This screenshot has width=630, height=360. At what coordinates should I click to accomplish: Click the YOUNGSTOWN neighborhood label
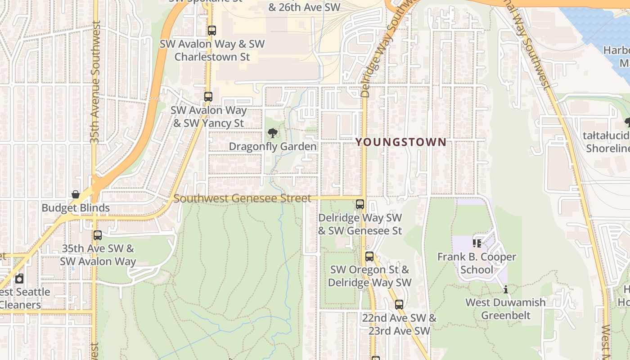401,143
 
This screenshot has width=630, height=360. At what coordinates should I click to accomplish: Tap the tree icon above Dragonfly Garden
272,133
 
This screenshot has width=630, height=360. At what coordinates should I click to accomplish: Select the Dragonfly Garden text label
273,147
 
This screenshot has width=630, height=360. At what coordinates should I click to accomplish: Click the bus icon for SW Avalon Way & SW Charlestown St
211,31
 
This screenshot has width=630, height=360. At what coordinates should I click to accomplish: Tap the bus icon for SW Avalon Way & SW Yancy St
208,96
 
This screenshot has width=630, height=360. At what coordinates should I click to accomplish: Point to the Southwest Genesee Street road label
242,198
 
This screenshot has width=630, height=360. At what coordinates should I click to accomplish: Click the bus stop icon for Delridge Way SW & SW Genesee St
360,204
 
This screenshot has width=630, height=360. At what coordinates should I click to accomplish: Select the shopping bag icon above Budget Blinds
76,194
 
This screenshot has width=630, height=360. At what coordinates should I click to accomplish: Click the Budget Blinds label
76,208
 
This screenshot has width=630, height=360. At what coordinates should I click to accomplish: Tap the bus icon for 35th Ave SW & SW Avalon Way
98,235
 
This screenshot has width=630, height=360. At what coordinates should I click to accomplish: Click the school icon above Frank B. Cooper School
477,243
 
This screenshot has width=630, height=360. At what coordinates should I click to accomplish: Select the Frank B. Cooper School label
477,263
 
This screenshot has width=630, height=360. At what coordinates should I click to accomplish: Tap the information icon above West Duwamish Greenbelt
506,289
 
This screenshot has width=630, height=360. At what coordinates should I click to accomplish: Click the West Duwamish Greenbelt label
505,309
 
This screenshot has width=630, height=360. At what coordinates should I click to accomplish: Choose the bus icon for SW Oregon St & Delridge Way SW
369,256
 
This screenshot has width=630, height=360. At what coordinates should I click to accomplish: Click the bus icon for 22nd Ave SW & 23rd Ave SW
399,305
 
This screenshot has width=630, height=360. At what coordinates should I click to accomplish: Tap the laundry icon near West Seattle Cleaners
19,279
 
